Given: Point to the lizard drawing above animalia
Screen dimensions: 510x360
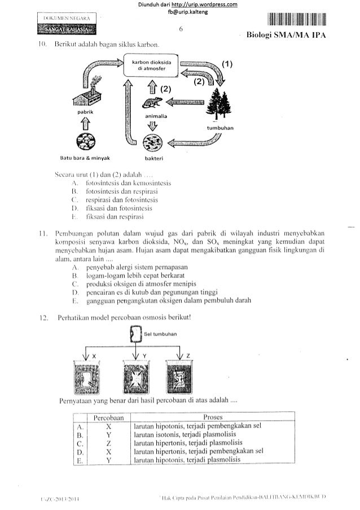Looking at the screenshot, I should coord(151,102).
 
